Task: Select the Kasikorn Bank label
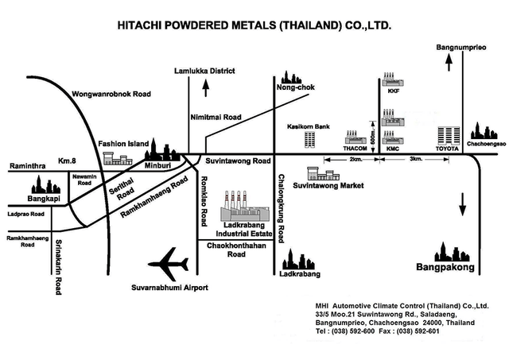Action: (x=308, y=126)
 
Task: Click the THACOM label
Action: (x=354, y=149)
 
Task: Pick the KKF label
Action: (x=392, y=91)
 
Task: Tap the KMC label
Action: (x=392, y=149)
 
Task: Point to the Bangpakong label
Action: (x=445, y=269)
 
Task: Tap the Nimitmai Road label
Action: (x=215, y=118)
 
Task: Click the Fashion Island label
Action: (x=123, y=144)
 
